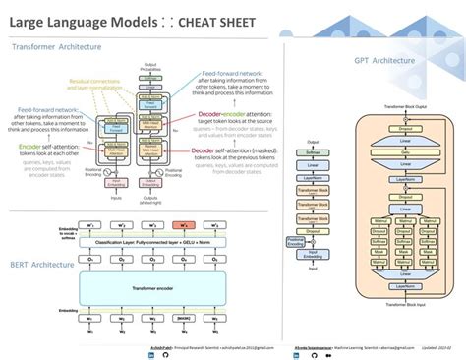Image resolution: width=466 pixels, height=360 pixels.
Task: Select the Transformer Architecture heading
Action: [55, 46]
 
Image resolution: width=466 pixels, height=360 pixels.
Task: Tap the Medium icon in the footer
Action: [191, 356]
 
